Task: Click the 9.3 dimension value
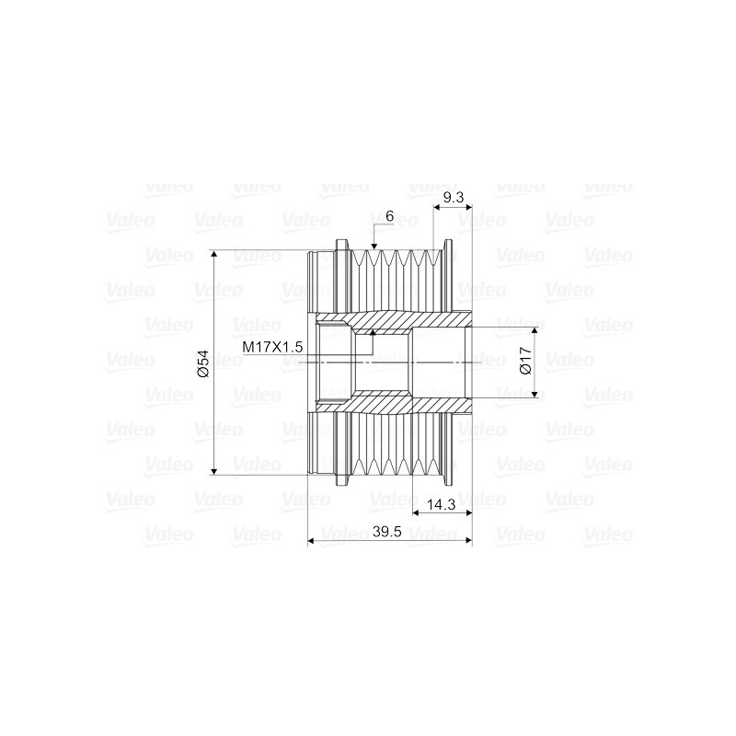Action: [452, 197]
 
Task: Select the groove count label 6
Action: [390, 216]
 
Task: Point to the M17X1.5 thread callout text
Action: [272, 347]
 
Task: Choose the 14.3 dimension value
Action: [443, 504]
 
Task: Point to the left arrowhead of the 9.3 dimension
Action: [436, 207]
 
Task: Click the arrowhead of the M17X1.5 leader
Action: [373, 333]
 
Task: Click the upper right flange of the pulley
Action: [448, 267]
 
